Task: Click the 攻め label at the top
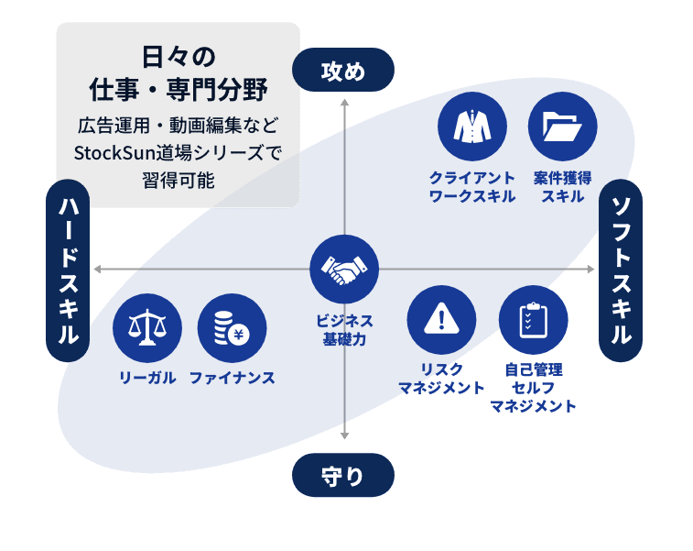coord(343,72)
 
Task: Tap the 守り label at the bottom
coord(343,476)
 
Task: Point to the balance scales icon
coord(146,327)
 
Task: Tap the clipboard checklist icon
coord(533,321)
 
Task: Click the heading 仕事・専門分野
coord(179,90)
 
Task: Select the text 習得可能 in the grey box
coord(179,180)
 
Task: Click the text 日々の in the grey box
coord(179,57)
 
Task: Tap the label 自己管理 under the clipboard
coord(533,369)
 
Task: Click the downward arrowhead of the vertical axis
coord(343,437)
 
